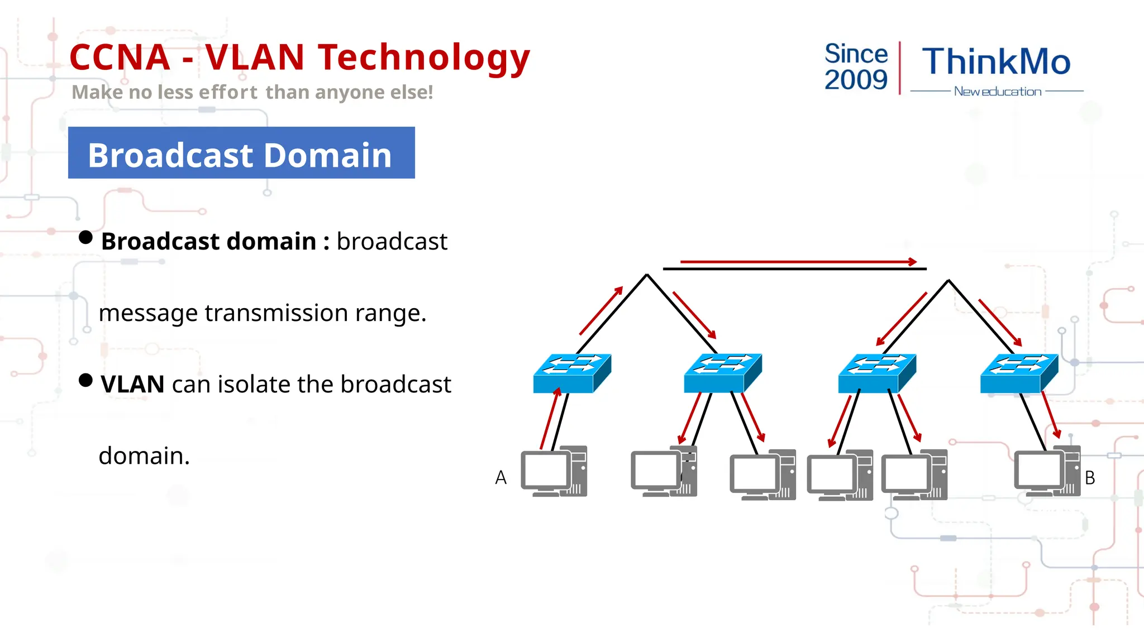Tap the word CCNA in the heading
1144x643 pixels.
click(x=120, y=58)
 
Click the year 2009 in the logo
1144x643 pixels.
click(x=856, y=80)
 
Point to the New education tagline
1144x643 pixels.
click(x=997, y=92)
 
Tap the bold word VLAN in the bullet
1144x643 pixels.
click(x=132, y=385)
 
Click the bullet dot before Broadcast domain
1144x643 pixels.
click(x=85, y=238)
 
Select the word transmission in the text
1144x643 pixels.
click(x=277, y=313)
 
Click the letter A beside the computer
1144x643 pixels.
click(x=500, y=478)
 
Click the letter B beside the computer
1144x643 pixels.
click(x=1089, y=478)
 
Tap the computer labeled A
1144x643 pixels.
click(x=554, y=472)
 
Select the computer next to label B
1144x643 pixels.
click(x=1047, y=472)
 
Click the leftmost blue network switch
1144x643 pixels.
click(x=571, y=373)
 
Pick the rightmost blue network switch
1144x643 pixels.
click(x=1018, y=373)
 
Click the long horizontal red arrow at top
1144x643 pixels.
click(x=798, y=262)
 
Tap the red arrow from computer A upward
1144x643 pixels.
click(x=550, y=419)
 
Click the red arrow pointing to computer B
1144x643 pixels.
click(x=1051, y=415)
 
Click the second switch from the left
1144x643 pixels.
click(x=722, y=373)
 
